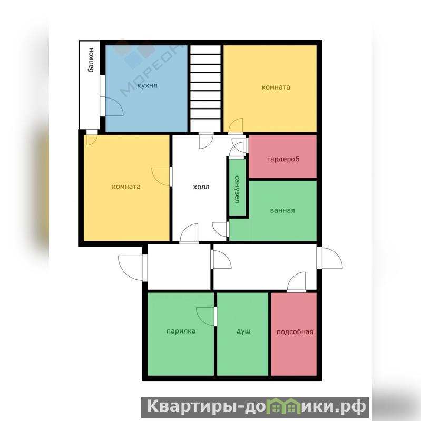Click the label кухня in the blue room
click(x=147, y=86)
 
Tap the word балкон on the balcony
click(x=91, y=60)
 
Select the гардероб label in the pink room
click(x=283, y=159)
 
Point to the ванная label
click(x=282, y=210)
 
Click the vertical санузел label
click(x=237, y=189)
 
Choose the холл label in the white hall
click(x=201, y=187)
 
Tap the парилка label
click(x=181, y=331)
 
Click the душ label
click(x=243, y=331)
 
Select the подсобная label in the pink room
click(x=295, y=332)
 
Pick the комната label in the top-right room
click(x=276, y=87)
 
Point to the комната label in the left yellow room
click(x=126, y=187)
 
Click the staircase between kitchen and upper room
click(x=205, y=89)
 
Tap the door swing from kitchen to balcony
click(x=112, y=106)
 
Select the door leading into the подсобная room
click(x=297, y=282)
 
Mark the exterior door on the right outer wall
click(x=330, y=258)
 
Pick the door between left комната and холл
click(x=162, y=177)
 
